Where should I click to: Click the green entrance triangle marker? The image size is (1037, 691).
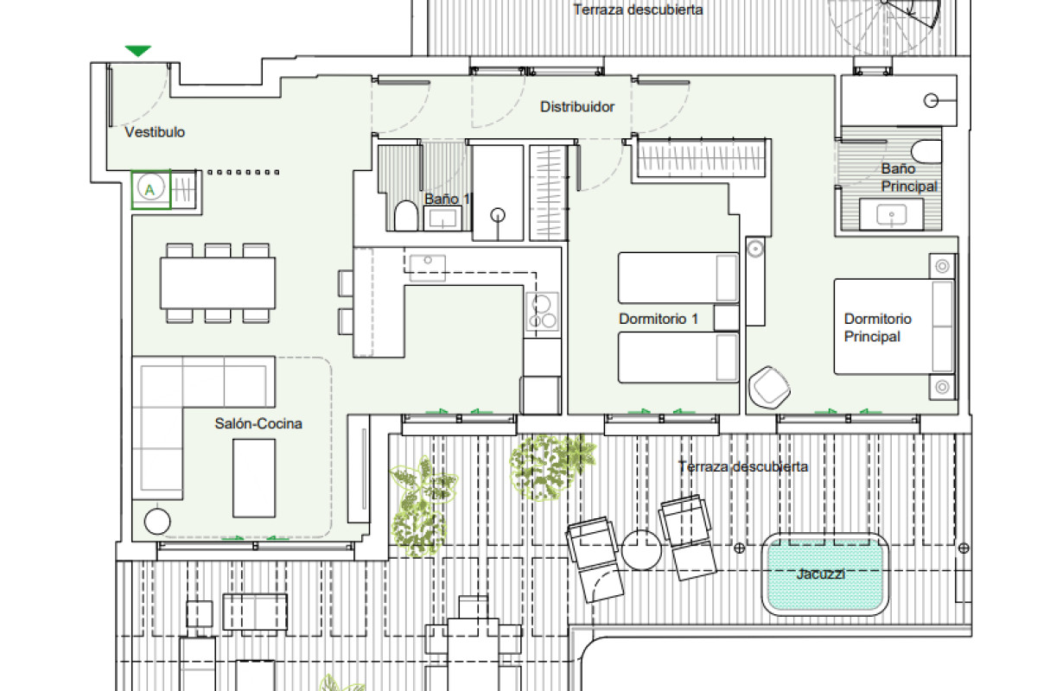[x=138, y=50]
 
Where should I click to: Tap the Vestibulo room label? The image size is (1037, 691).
[x=155, y=132]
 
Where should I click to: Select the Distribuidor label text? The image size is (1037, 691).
[x=577, y=107]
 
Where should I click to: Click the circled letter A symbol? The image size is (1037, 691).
[x=150, y=188]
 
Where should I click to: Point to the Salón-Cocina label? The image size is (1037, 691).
[x=258, y=423]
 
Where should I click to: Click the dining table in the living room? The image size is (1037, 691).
[x=218, y=283]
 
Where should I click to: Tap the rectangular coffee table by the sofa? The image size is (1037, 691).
[x=254, y=479]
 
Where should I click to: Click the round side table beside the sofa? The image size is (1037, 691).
[x=157, y=521]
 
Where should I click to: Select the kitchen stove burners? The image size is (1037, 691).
[x=542, y=312]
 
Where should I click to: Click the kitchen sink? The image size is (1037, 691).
[x=427, y=268]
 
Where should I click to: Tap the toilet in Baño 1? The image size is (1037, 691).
[x=406, y=216]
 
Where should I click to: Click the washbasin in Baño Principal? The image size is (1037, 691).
[x=891, y=215]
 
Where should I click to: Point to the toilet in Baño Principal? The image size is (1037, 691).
[x=926, y=151]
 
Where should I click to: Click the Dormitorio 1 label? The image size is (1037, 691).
[x=658, y=319]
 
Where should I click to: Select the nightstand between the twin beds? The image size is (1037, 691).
[x=726, y=318]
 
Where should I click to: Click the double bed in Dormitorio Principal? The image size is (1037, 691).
[x=894, y=326]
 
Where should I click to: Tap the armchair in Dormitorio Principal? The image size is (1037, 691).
[x=769, y=387]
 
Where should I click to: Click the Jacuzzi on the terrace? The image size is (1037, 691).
[x=825, y=574]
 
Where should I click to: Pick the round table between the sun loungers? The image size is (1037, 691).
[x=641, y=549]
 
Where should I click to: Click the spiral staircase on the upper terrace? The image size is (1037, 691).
[x=884, y=23]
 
